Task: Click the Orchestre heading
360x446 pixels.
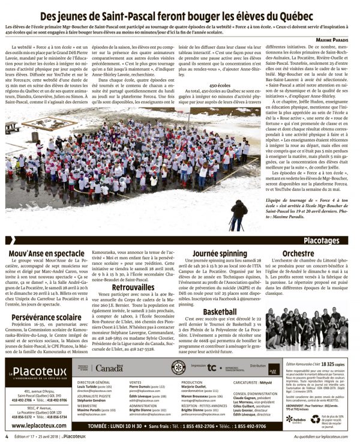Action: click(x=298, y=238)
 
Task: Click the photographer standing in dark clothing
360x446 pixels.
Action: click(x=238, y=213)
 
